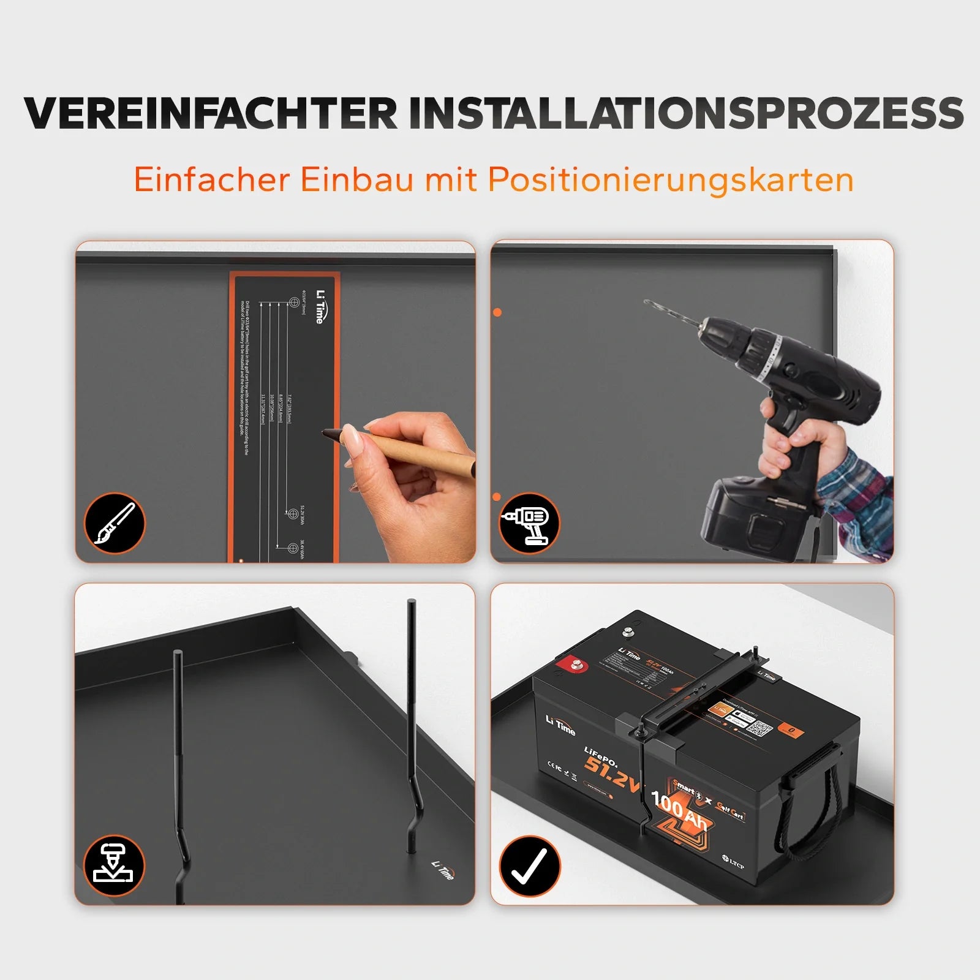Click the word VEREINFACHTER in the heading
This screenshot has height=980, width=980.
pos(211,114)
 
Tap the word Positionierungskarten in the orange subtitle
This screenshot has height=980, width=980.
pos(670,180)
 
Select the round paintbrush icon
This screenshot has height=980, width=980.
pos(115,524)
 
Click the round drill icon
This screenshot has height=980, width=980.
pos(529,524)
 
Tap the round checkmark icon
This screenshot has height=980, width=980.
pos(529,866)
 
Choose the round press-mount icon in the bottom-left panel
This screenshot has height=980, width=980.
pos(115,866)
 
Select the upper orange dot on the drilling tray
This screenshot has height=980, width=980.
pos(497,312)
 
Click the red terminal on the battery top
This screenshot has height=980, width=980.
pos(576,663)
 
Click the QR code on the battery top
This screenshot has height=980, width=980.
pos(759,729)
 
